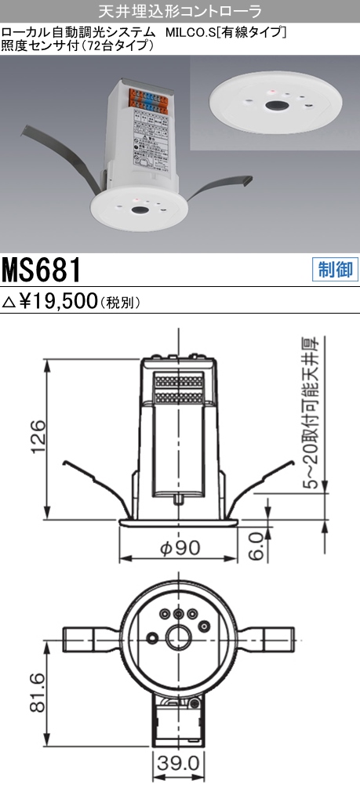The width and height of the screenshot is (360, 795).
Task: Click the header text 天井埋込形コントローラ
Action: pyautogui.click(x=180, y=11)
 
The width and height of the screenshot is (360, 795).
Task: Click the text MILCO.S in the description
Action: pyautogui.click(x=191, y=32)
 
